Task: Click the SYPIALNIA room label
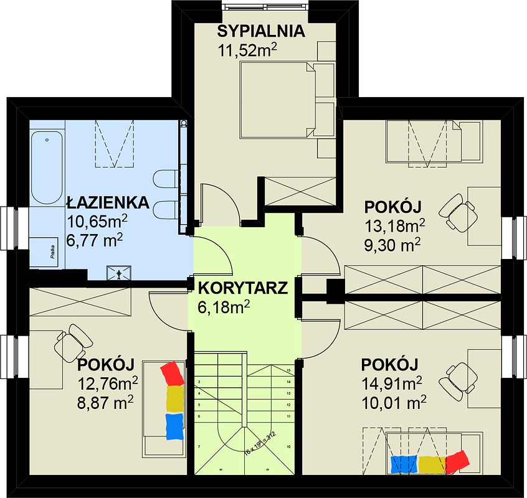click(260, 31)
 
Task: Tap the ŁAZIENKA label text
click(107, 202)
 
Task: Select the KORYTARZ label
click(243, 288)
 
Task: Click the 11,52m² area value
click(247, 49)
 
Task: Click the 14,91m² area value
click(392, 382)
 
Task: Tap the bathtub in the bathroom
click(47, 167)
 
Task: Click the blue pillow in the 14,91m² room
click(404, 464)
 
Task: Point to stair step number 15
click(289, 370)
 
